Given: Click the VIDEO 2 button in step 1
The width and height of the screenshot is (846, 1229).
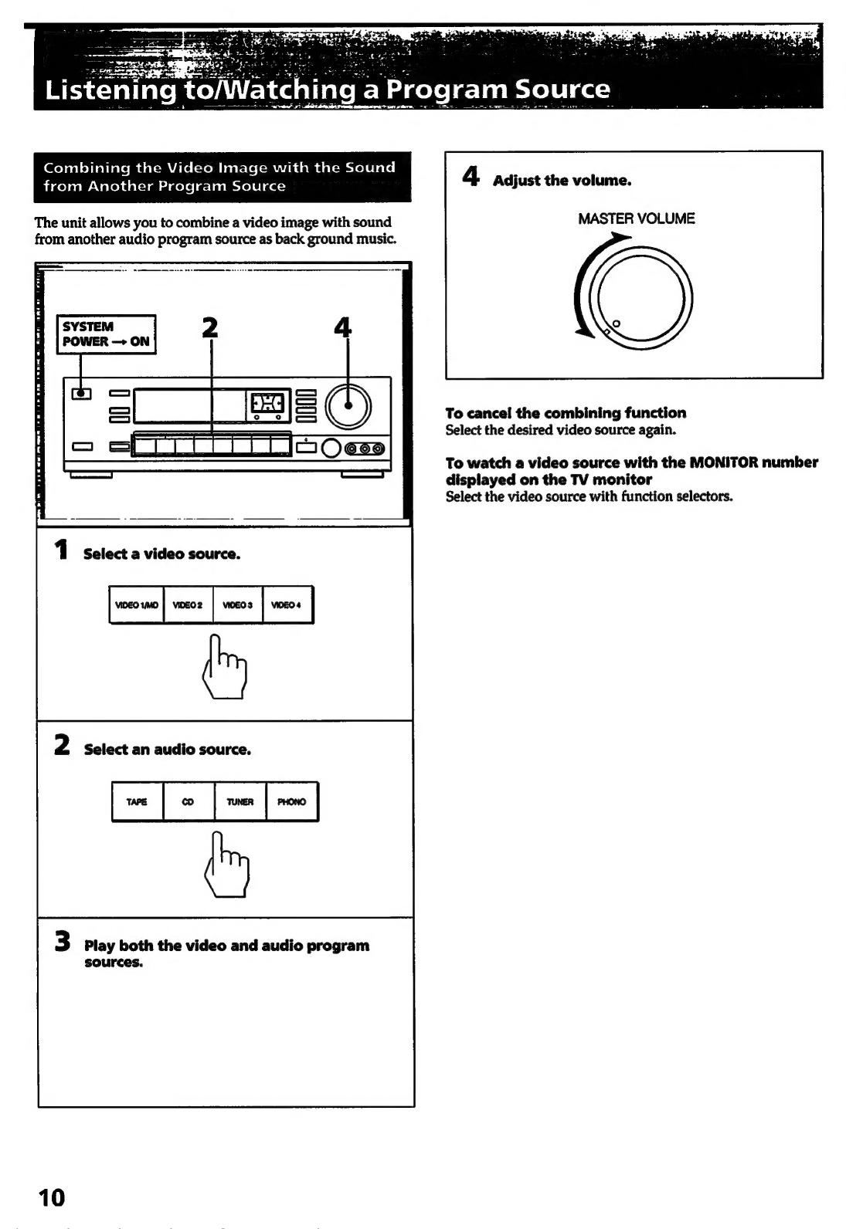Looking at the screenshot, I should pyautogui.click(x=188, y=605).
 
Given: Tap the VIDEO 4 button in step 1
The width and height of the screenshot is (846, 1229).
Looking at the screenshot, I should pyautogui.click(x=288, y=605).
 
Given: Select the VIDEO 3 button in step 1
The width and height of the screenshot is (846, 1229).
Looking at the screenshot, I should pyautogui.click(x=238, y=605).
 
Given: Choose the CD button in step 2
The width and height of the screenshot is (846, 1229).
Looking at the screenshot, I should pyautogui.click(x=188, y=802).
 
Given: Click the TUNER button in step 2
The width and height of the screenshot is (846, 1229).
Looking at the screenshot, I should pyautogui.click(x=240, y=802).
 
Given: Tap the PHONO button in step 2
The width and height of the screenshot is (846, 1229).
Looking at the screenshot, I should pyautogui.click(x=292, y=802).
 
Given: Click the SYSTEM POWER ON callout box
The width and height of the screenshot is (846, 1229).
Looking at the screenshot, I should pyautogui.click(x=107, y=334).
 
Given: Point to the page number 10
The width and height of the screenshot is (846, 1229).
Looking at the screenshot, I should pyautogui.click(x=53, y=1197).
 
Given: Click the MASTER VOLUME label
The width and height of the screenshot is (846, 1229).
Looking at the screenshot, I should pyautogui.click(x=636, y=218).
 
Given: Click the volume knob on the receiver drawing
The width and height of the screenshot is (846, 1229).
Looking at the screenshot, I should pyautogui.click(x=348, y=406).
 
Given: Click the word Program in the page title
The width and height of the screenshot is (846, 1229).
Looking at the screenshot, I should pyautogui.click(x=448, y=90).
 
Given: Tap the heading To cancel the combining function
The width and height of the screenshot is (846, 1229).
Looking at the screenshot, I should pyautogui.click(x=566, y=413).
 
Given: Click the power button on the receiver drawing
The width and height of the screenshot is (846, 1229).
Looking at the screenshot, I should pyautogui.click(x=81, y=394).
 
